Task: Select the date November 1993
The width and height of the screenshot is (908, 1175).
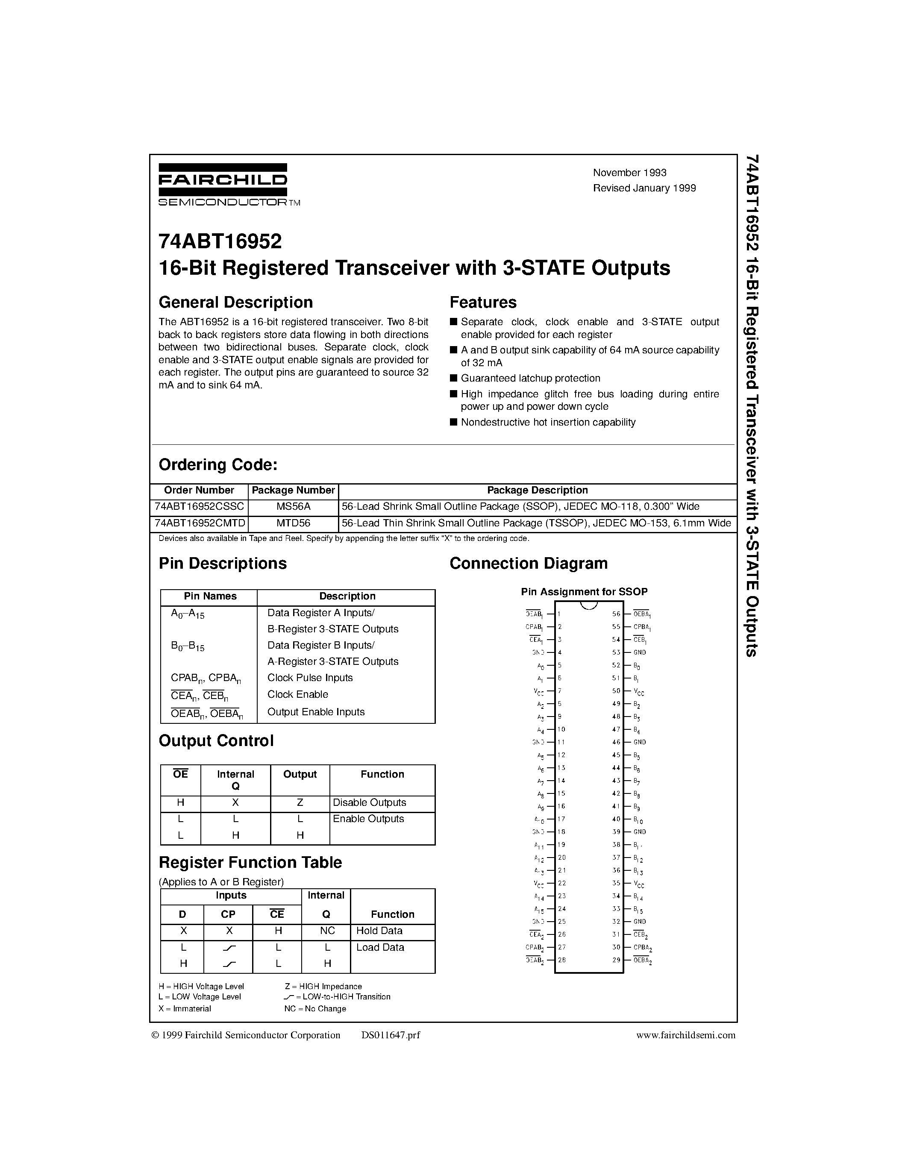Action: point(629,173)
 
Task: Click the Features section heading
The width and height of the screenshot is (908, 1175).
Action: point(482,303)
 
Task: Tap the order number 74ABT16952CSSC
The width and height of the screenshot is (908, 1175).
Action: point(199,506)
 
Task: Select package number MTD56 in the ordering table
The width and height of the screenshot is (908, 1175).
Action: point(293,523)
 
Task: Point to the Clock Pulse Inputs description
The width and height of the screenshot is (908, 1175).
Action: point(310,678)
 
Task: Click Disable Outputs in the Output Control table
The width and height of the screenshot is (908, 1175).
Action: point(369,803)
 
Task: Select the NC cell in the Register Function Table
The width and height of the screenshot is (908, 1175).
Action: point(326,931)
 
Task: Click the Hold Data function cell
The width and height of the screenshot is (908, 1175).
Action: point(379,931)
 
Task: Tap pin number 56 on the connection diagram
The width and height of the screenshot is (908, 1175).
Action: point(617,614)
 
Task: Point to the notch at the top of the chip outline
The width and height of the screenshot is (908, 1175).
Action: point(589,605)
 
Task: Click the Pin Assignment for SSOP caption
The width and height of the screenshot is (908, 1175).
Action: point(584,592)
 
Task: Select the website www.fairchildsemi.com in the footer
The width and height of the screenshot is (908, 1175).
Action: point(685,1035)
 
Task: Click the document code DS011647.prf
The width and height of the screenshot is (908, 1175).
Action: point(391,1035)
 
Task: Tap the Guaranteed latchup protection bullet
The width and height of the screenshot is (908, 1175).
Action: point(530,378)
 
